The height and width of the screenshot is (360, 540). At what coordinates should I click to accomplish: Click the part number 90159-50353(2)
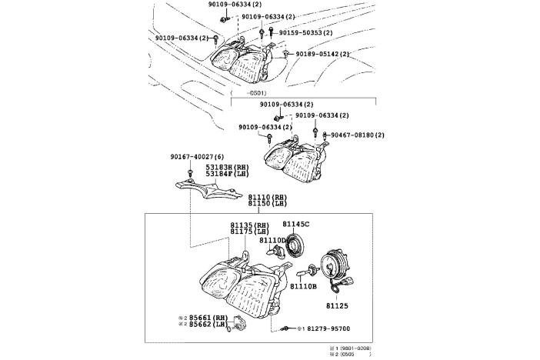pos(306,33)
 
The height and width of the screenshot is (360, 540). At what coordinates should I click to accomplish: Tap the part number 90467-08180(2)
pos(357,135)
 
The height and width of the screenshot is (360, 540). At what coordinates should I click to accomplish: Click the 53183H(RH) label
pos(227,166)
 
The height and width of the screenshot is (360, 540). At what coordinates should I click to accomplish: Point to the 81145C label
pos(295,224)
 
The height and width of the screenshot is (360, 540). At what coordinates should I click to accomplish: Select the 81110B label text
pos(304,285)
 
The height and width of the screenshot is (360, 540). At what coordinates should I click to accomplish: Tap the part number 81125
pos(337,305)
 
